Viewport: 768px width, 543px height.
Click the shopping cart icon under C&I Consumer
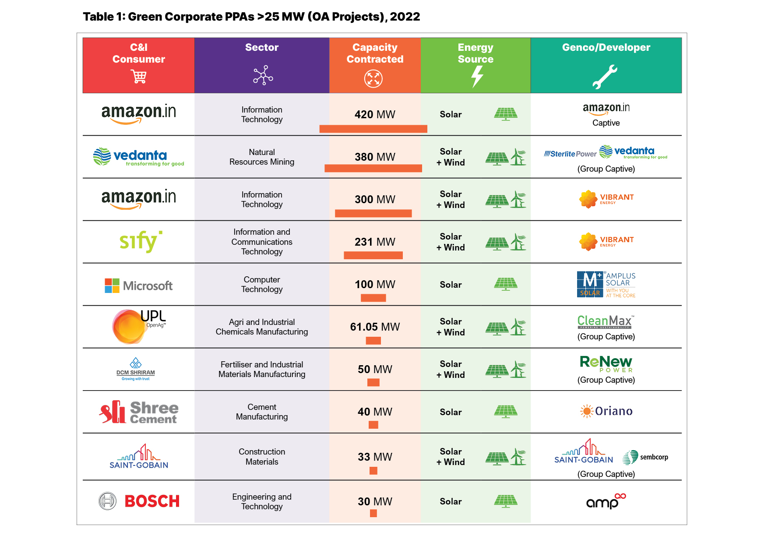click(139, 77)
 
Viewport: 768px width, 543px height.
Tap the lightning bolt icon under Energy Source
click(476, 77)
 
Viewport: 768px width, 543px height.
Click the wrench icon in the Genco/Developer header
click(605, 77)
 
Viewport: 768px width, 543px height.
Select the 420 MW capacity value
click(375, 114)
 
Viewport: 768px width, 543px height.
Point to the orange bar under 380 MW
click(373, 168)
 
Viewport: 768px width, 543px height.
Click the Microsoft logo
click(138, 286)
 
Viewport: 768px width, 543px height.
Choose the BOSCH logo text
click(152, 501)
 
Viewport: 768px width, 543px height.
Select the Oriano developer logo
click(606, 411)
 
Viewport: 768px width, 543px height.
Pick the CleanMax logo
click(605, 322)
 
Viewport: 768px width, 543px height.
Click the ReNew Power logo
click(606, 363)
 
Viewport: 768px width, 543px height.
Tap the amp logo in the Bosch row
click(606, 501)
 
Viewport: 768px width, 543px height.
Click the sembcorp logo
click(646, 457)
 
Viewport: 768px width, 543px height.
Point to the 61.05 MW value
click(375, 327)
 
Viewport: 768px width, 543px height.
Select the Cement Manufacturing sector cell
click(262, 412)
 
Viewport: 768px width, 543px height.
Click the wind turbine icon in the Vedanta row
click(518, 157)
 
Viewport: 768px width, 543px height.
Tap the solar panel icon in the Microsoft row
click(506, 285)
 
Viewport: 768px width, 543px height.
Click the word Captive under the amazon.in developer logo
click(606, 123)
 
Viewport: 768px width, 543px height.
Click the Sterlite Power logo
click(570, 154)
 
